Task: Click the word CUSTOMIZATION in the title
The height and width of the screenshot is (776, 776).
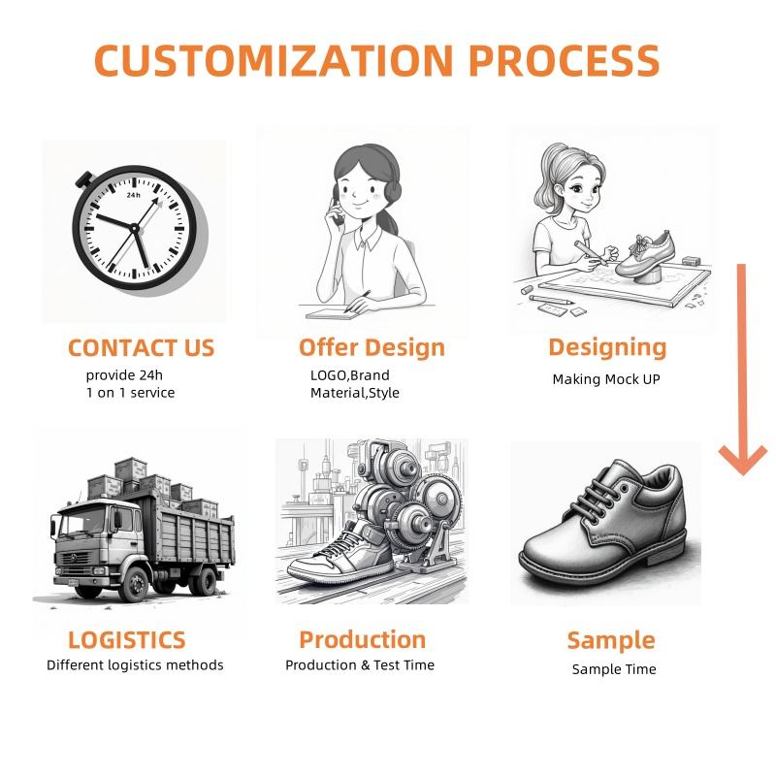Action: (274, 61)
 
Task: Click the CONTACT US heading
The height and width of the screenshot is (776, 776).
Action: (141, 347)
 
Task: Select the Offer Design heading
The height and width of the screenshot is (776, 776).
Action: (372, 347)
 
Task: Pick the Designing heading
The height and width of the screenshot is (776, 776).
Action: (607, 346)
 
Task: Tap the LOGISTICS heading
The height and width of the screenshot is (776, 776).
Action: (126, 640)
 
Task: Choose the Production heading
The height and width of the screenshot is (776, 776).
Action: (362, 639)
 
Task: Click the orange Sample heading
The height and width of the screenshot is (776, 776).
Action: (610, 640)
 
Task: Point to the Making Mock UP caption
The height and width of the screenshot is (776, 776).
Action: (606, 379)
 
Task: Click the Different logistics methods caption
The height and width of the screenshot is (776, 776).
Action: (135, 665)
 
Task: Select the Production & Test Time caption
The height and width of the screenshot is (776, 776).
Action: (360, 665)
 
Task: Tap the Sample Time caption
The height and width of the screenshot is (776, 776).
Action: (614, 669)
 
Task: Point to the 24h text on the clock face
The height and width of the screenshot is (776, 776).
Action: (133, 194)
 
